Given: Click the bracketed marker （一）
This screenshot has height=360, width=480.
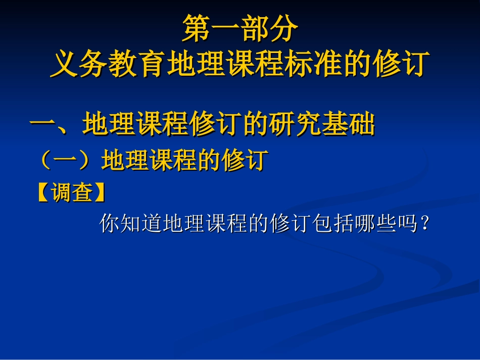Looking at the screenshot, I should pos(67,161).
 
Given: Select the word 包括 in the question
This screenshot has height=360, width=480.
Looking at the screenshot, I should pos(334,223).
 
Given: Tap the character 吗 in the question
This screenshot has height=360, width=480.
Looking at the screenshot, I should pos(408,223).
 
